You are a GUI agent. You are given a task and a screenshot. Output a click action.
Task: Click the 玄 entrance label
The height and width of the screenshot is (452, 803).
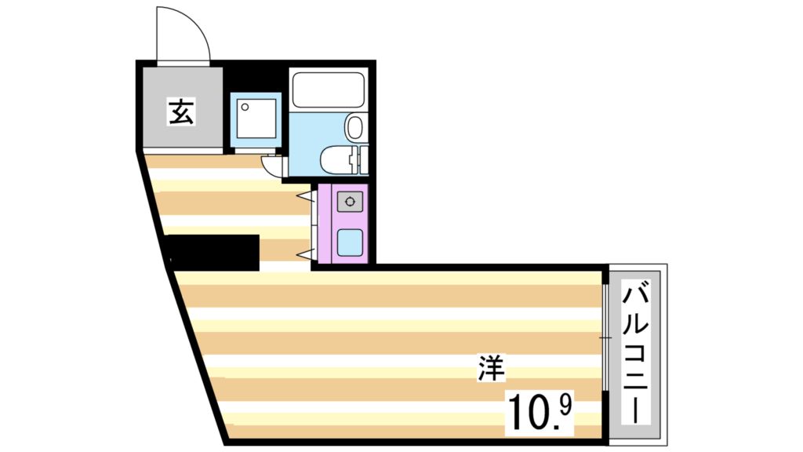pos(181,112)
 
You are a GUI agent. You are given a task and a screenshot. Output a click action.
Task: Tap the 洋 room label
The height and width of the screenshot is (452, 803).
pos(492,369)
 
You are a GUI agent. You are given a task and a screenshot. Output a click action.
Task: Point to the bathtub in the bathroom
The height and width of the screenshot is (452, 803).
pos(328,90)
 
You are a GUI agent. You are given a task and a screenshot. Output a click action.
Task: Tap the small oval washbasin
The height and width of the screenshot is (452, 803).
pos(355,127)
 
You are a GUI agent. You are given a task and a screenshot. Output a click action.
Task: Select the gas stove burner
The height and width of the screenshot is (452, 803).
pos(349,202)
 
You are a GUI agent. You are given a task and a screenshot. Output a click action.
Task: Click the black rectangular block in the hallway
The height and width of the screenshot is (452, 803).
pos(213,252)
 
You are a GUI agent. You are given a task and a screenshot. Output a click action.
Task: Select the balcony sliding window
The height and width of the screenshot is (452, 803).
pos(605,337)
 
